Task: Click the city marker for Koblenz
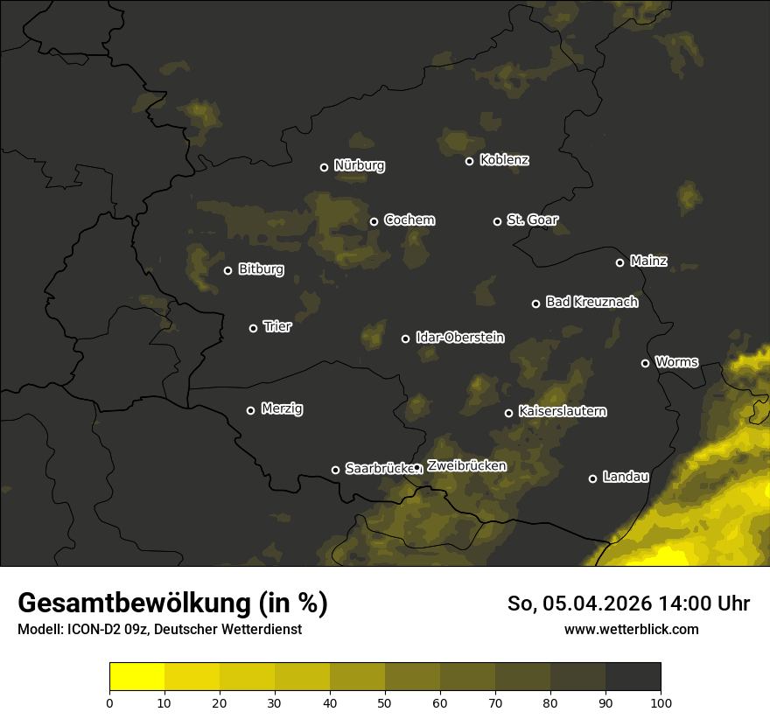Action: click(x=469, y=161)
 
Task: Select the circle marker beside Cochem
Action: click(x=374, y=221)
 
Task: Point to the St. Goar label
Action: click(x=532, y=220)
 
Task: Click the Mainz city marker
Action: click(x=619, y=262)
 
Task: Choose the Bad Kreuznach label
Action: click(x=591, y=302)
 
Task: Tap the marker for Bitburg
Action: click(x=227, y=270)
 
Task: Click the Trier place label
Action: click(x=276, y=326)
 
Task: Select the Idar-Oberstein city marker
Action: click(x=405, y=339)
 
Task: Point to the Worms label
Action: click(x=676, y=361)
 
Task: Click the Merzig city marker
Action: click(x=250, y=410)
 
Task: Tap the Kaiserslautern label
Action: click(x=562, y=411)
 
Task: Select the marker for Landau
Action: click(x=592, y=478)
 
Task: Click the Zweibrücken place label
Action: click(x=465, y=465)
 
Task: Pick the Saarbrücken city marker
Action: click(x=335, y=470)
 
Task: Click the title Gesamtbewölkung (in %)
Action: click(x=172, y=603)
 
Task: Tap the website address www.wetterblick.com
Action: click(x=631, y=629)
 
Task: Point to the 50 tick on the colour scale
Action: click(x=385, y=702)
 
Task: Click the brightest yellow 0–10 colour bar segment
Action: click(x=136, y=677)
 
